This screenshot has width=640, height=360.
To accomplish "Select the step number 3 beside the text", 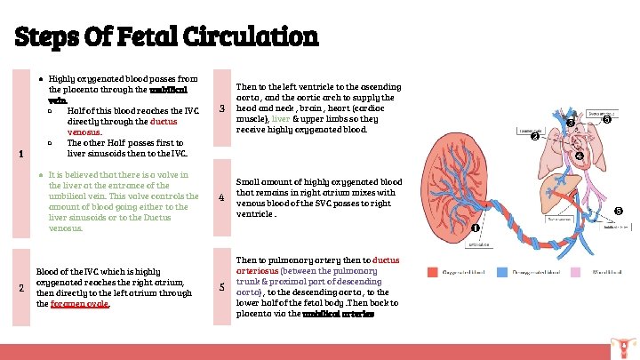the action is pyautogui.click(x=222, y=109).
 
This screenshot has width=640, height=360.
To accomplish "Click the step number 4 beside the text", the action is pyautogui.click(x=222, y=197).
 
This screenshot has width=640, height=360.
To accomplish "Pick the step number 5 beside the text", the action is pyautogui.click(x=222, y=286).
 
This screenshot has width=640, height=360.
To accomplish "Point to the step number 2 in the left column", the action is pyautogui.click(x=21, y=286).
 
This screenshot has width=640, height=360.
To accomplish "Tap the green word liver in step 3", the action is pyautogui.click(x=281, y=119).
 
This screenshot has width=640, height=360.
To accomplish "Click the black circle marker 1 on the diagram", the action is pyautogui.click(x=475, y=228).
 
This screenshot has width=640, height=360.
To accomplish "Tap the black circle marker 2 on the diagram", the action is pyautogui.click(x=534, y=136).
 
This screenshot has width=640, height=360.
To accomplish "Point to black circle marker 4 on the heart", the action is pyautogui.click(x=579, y=156).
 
